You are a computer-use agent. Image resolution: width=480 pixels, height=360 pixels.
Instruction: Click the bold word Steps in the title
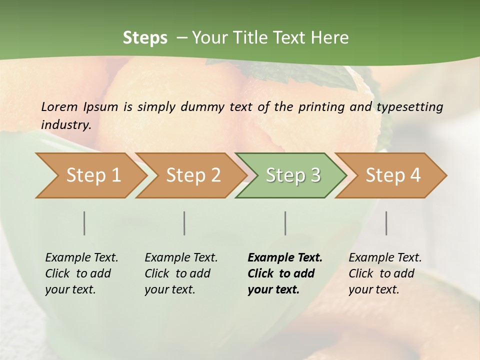point(145,37)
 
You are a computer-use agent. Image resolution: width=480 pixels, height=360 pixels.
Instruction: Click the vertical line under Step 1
point(84,223)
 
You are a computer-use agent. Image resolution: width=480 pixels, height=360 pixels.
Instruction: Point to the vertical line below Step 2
point(184,223)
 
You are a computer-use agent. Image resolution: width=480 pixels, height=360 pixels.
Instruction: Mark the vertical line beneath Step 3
point(285,223)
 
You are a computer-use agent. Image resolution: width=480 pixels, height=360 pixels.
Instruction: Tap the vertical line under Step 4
point(386,223)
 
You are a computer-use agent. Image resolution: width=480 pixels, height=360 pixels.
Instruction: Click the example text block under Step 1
point(81,273)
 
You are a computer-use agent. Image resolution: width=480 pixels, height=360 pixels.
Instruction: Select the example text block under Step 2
point(181,273)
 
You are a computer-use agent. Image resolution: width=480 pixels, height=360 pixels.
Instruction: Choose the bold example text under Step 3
point(285,273)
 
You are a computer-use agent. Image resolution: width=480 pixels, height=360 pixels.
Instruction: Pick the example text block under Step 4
point(385,273)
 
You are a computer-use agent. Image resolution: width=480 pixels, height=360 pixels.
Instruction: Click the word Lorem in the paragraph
point(59,106)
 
